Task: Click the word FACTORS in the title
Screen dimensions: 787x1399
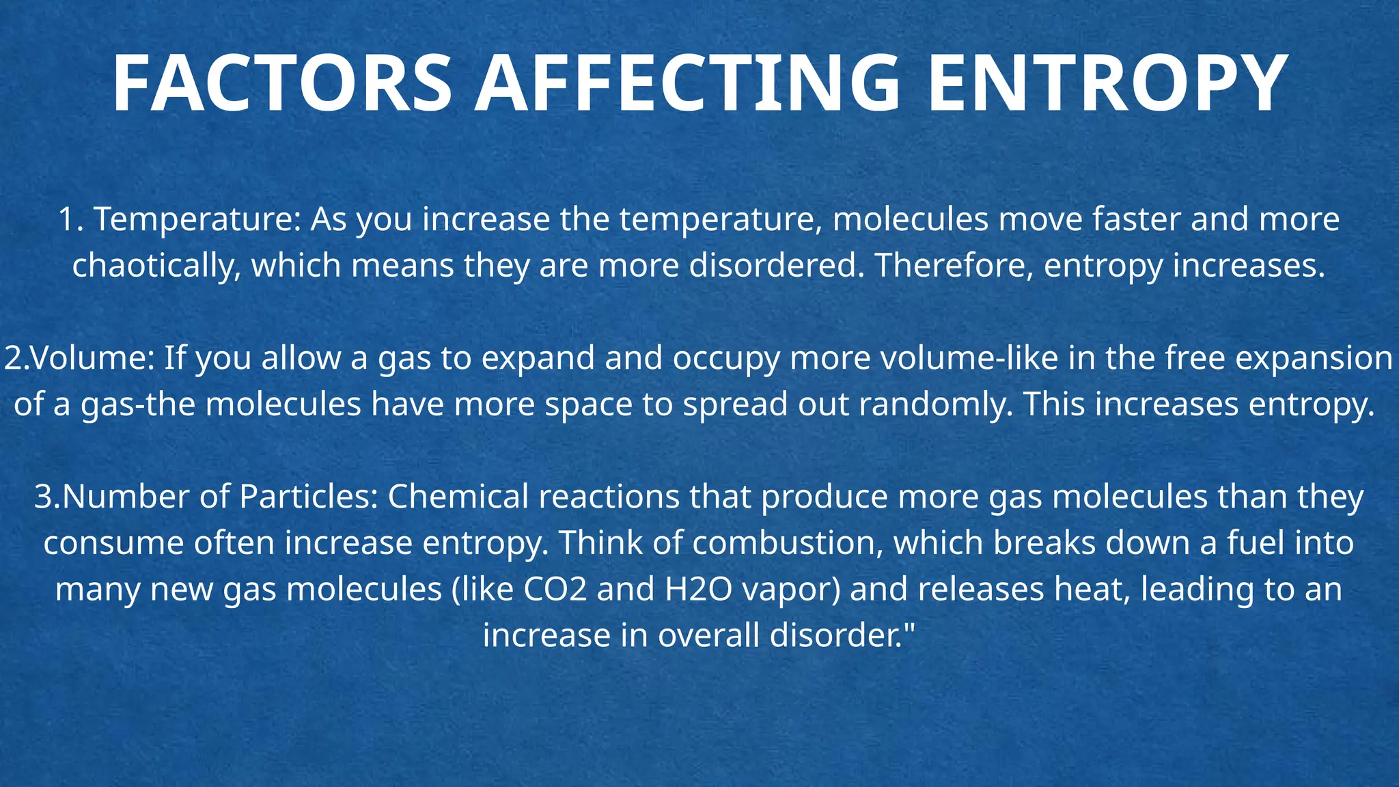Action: (281, 83)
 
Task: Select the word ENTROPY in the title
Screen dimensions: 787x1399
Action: (1107, 83)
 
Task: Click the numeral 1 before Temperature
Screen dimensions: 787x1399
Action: (66, 220)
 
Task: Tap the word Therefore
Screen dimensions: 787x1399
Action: (954, 266)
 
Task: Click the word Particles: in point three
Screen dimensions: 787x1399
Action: (309, 497)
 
